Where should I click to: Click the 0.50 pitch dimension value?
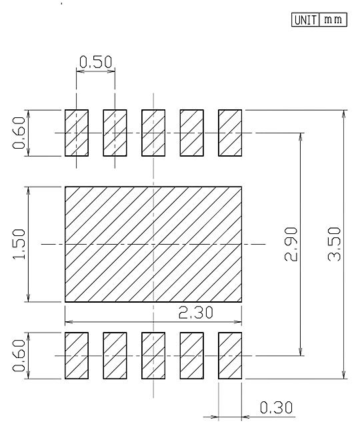[95, 62]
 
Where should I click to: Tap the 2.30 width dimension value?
[195, 313]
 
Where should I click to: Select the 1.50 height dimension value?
[19, 244]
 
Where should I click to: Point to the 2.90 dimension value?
[291, 244]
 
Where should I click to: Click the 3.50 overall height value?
[334, 244]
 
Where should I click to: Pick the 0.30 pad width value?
[276, 407]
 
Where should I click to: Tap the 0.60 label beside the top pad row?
[19, 133]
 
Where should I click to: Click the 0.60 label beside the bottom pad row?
[19, 355]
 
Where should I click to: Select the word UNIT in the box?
[305, 20]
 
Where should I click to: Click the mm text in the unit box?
[333, 20]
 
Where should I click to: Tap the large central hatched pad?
[153, 244]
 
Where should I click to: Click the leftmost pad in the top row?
[77, 133]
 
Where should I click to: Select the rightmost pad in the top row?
[230, 133]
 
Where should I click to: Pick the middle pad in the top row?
[153, 133]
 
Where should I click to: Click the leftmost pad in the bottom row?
[77, 355]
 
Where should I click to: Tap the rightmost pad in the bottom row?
[230, 355]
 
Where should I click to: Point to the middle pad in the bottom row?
[153, 355]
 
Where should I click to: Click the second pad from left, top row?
[115, 133]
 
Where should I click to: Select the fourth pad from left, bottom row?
[191, 355]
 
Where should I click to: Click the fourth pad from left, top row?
[191, 133]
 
